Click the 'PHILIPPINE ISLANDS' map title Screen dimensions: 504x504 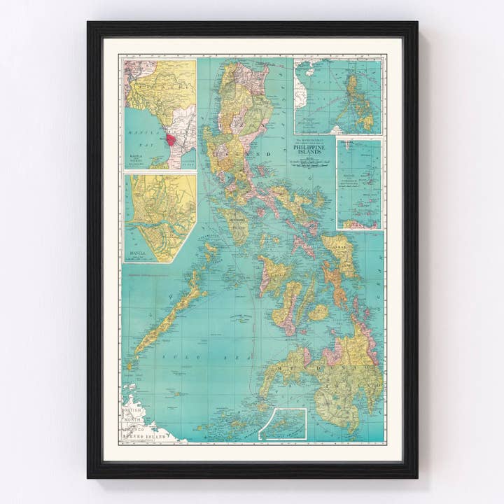[x=311, y=150]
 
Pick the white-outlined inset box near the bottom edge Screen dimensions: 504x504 [x=283, y=424]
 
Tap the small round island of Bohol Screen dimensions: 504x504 [x=318, y=312]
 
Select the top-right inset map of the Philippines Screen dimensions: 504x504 [x=337, y=97]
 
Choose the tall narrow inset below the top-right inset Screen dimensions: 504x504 [x=359, y=183]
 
